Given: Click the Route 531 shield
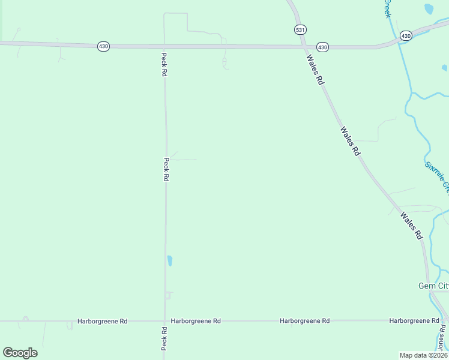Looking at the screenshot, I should [x=300, y=29].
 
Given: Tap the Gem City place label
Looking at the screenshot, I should [x=433, y=286].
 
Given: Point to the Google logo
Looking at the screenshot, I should [x=20, y=352].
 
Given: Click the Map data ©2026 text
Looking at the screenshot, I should [x=424, y=355].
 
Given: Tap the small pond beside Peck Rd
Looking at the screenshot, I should [x=170, y=260].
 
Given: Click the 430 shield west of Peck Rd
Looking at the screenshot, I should [x=103, y=46].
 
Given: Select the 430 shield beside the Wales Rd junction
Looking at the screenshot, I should [x=322, y=47].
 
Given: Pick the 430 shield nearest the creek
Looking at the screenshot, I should [x=406, y=36].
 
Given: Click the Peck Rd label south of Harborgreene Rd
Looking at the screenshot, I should [x=164, y=339].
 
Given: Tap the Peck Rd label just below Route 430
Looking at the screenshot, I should [x=164, y=64].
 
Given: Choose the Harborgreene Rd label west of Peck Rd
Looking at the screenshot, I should [x=103, y=321].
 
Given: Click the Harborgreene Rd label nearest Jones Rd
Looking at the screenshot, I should [x=414, y=321].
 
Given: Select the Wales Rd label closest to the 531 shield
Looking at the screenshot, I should [x=315, y=70].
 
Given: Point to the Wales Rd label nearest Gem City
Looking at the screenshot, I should [x=412, y=226].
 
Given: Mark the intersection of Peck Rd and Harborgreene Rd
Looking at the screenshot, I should [x=164, y=321].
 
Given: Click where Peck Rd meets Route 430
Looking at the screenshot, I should [x=164, y=46].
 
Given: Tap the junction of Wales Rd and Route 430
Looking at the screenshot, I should [x=304, y=47].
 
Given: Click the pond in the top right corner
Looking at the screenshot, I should [x=429, y=8].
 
